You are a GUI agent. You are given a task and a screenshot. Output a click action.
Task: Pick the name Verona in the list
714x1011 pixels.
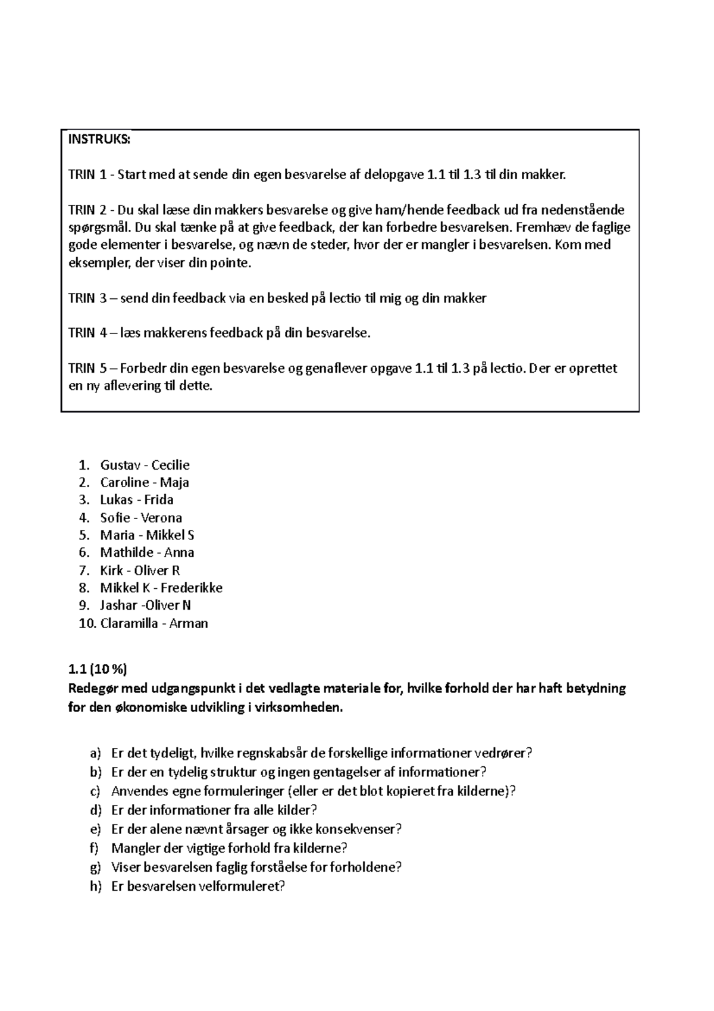pyautogui.click(x=161, y=517)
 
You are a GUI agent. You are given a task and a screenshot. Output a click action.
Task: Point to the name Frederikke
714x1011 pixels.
pyautogui.click(x=191, y=588)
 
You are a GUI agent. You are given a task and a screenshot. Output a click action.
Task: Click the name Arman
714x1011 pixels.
pyautogui.click(x=189, y=624)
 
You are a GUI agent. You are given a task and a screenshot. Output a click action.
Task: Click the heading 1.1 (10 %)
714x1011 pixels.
pyautogui.click(x=98, y=669)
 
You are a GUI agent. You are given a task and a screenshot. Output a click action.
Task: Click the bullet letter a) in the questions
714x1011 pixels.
pyautogui.click(x=96, y=753)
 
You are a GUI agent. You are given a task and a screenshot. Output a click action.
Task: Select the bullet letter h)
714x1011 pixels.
pyautogui.click(x=96, y=886)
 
